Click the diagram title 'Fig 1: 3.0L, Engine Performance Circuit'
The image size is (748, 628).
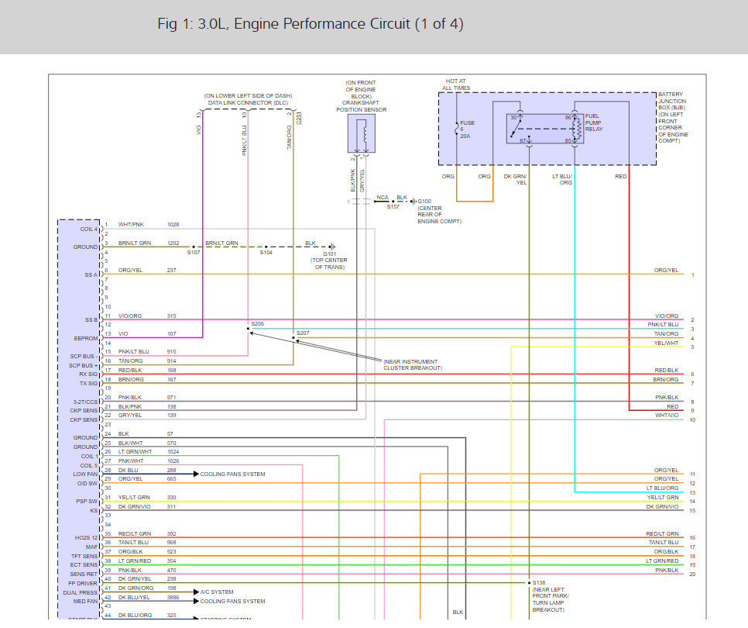click(x=310, y=24)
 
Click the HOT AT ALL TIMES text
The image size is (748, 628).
click(x=456, y=85)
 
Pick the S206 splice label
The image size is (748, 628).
click(x=257, y=323)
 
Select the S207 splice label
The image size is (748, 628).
click(x=302, y=333)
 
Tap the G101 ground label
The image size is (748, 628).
click(x=330, y=253)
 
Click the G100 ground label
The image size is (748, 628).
click(x=426, y=200)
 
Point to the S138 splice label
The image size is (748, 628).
click(x=539, y=581)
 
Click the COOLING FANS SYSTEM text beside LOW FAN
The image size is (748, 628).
click(x=232, y=474)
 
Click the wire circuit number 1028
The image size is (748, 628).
click(x=173, y=224)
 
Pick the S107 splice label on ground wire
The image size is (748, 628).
click(x=193, y=253)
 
